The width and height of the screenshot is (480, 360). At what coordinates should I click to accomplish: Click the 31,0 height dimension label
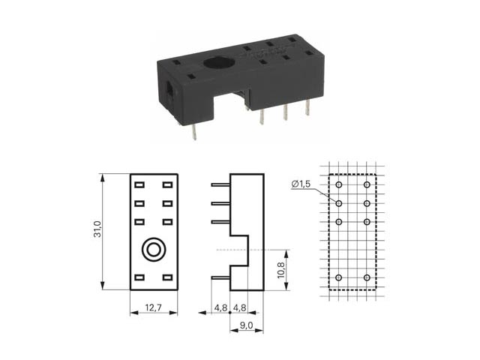[97, 229]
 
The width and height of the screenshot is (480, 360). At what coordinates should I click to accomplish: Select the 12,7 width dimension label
[153, 307]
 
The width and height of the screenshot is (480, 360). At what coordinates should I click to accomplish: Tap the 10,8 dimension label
[280, 270]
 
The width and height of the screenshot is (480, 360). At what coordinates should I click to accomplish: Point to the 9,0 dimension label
[246, 325]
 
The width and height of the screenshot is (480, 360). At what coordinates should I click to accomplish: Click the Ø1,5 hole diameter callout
[301, 184]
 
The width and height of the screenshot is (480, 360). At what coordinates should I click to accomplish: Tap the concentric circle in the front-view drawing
[154, 250]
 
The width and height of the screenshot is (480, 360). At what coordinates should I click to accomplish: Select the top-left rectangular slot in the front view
[139, 185]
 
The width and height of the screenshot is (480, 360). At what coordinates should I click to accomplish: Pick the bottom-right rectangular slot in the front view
[167, 277]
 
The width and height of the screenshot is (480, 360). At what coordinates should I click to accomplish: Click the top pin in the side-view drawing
[220, 184]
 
